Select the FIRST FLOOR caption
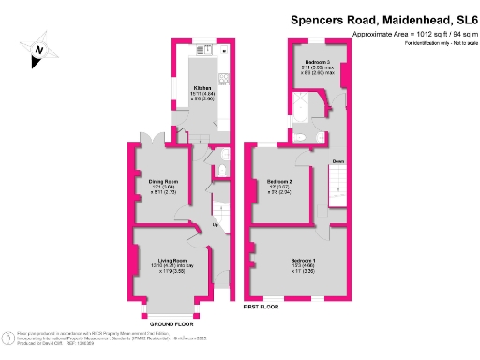262,307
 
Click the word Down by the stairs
338,161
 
